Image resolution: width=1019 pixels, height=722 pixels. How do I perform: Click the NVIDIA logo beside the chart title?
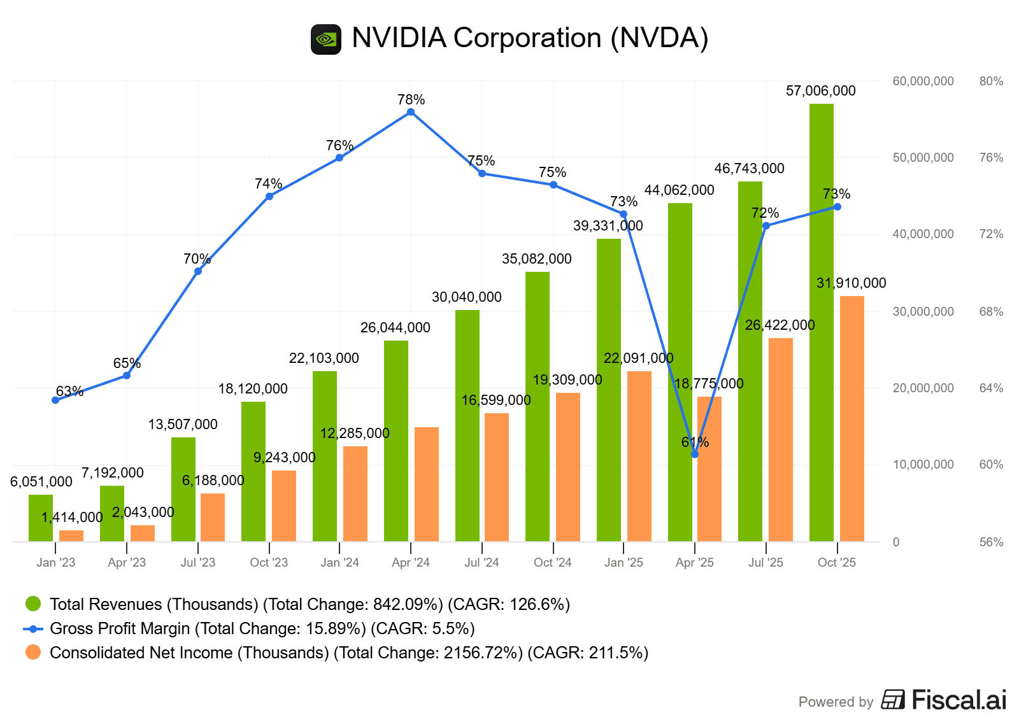[x=325, y=39]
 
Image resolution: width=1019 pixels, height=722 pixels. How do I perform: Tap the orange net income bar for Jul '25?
[x=780, y=439]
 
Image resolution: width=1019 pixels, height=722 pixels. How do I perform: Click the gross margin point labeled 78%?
[x=411, y=112]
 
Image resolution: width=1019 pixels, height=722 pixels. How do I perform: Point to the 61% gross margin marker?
[x=695, y=454]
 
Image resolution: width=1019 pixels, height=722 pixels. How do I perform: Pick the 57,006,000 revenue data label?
[x=820, y=91]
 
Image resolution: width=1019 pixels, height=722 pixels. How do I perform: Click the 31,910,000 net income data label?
[x=851, y=283]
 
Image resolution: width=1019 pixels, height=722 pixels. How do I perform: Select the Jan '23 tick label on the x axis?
[x=55, y=563]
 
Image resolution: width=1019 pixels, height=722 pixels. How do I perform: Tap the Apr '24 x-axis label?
[x=411, y=563]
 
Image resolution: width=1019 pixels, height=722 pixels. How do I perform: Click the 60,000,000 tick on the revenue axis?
[x=923, y=81]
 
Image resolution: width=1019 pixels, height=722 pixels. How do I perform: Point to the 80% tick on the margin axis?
[x=991, y=81]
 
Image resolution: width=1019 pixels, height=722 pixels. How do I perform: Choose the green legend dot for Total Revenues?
[x=33, y=604]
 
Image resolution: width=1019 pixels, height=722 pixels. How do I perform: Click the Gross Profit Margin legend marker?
[x=33, y=629]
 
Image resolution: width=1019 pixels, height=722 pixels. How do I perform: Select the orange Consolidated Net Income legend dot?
[x=33, y=653]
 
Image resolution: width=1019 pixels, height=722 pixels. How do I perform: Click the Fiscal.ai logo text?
[x=958, y=700]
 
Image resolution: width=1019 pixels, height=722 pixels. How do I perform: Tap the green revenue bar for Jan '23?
[x=41, y=518]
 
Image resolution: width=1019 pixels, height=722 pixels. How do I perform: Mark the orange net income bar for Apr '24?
[x=426, y=484]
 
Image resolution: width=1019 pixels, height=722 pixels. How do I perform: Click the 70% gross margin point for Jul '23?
[x=198, y=271]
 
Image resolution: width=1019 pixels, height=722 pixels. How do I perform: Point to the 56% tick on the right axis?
[x=991, y=542]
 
